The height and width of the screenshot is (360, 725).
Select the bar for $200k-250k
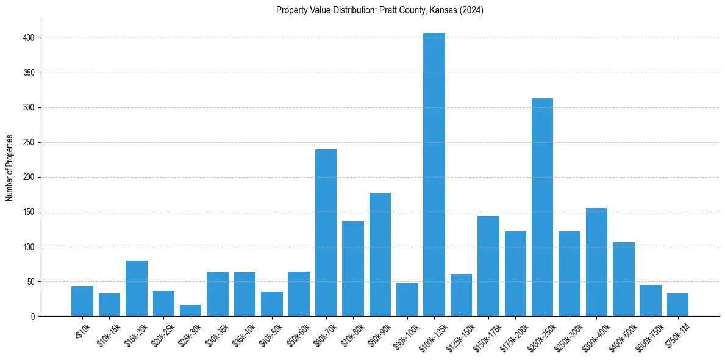(542, 207)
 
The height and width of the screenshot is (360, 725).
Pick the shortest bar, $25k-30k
(190, 311)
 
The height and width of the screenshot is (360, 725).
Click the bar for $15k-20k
(137, 289)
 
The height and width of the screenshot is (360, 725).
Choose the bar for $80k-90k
(380, 254)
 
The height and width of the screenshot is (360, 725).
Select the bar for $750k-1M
(677, 304)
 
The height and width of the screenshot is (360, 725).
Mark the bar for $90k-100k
(407, 300)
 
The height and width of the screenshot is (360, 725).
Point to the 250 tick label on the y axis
(31, 142)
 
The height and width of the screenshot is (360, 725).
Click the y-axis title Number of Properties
(10, 168)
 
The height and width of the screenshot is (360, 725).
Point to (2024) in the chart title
(473, 10)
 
